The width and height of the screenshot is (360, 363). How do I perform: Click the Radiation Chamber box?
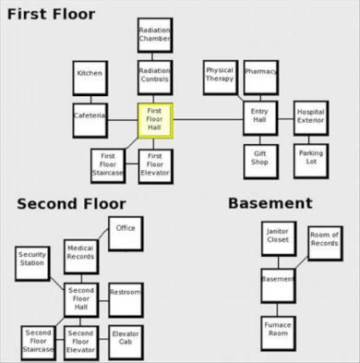[x=154, y=35]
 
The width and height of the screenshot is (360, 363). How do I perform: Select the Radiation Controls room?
[x=154, y=78]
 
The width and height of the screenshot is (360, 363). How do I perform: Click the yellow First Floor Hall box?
[x=154, y=120]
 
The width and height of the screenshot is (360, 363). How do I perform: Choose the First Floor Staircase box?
[x=108, y=165]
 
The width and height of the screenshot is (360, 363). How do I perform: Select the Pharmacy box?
[x=260, y=77]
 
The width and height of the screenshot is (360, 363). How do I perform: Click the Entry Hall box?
[x=259, y=118]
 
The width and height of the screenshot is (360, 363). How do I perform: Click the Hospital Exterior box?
[x=310, y=118]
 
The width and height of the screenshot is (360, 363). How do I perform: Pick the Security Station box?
[x=31, y=262]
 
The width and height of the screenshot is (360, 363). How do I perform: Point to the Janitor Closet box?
[x=278, y=238]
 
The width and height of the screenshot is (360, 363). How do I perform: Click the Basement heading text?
[x=270, y=203]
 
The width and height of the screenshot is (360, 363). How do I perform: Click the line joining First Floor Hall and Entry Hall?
[x=208, y=119]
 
